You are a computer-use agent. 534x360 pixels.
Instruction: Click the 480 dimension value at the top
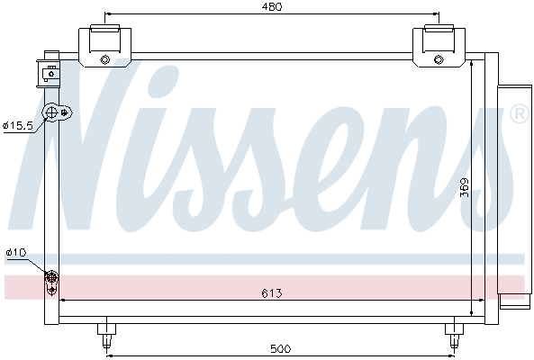coord(273,7)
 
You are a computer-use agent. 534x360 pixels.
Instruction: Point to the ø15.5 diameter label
coord(17,125)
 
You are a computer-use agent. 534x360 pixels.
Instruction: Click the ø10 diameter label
coord(16,253)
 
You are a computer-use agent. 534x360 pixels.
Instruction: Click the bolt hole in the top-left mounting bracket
coord(105,61)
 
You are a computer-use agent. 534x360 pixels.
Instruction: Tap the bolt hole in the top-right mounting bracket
coord(439,61)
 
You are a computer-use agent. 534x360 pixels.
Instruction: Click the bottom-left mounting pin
coord(106,335)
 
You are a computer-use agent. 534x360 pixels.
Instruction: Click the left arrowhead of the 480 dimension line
coord(109,15)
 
